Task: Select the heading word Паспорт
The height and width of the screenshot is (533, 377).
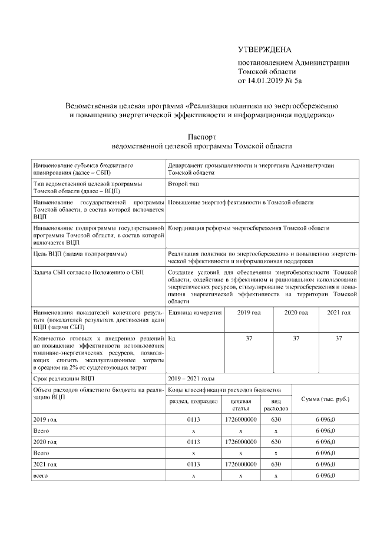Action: (x=202, y=135)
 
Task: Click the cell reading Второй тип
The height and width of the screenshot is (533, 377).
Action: (x=184, y=184)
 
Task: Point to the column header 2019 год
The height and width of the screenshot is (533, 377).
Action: (x=249, y=312)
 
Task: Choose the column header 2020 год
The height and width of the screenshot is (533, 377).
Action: (x=296, y=312)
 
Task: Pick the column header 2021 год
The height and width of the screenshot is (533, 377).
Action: (x=339, y=312)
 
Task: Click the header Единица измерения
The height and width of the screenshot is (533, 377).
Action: (x=195, y=312)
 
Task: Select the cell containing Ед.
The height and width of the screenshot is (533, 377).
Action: (x=172, y=339)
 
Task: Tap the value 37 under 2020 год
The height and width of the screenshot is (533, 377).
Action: (x=296, y=339)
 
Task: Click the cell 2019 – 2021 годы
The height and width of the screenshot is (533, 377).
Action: (x=191, y=378)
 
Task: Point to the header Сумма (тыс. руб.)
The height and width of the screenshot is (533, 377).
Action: (x=325, y=399)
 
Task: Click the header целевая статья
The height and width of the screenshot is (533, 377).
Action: (x=241, y=404)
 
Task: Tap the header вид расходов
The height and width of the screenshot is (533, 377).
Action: (x=276, y=404)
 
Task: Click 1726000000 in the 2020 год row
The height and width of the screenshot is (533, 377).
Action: (x=241, y=441)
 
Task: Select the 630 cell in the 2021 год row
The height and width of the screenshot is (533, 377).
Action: (x=276, y=464)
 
